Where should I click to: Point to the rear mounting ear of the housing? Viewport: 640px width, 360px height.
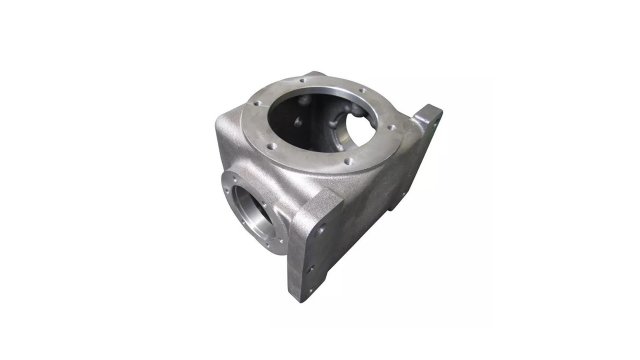point(428,122)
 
